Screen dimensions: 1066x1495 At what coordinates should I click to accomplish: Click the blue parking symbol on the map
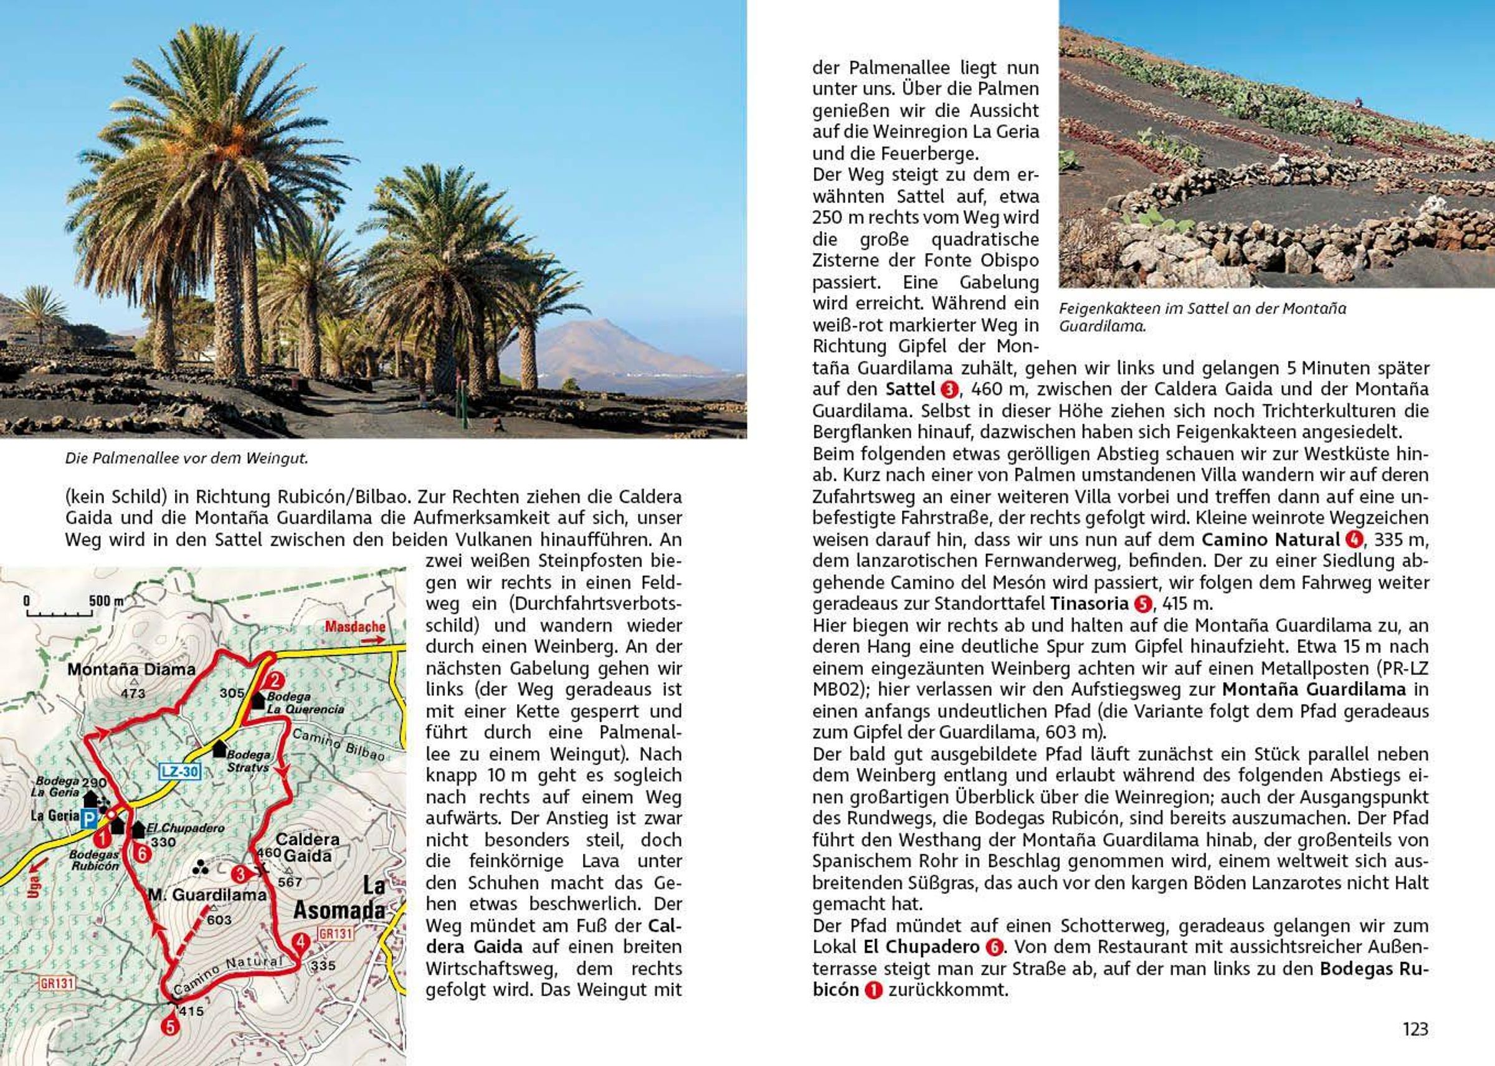[88, 819]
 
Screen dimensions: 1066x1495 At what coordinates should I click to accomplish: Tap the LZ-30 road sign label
[179, 771]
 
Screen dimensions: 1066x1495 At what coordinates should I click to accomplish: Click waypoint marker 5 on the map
[171, 1026]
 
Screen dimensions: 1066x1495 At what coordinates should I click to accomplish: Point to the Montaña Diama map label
[131, 670]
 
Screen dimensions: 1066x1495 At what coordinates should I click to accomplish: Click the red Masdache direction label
[355, 626]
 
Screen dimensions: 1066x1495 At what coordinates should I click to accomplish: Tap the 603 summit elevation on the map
[219, 920]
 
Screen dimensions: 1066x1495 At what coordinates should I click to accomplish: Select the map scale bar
[59, 614]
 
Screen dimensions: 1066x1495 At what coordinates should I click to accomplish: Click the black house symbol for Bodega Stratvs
[219, 748]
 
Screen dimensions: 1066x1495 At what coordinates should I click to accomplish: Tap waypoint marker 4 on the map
[300, 943]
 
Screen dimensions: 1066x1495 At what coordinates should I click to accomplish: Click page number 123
[1415, 1029]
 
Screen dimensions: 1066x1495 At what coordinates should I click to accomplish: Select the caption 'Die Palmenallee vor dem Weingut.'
[186, 458]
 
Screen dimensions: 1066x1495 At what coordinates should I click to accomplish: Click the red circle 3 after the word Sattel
[949, 390]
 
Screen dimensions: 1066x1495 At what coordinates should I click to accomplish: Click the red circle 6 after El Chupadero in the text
[995, 947]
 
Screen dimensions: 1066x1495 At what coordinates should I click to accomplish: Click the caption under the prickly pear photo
[1202, 317]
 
